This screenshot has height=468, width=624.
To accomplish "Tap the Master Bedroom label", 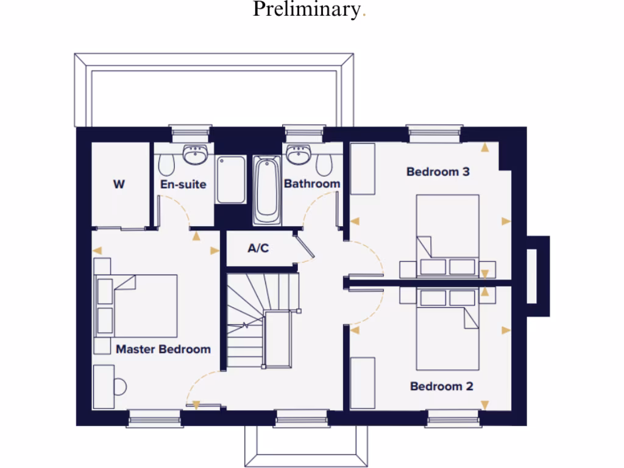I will point(163,349).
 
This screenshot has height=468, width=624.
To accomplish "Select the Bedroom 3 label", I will point(438,172).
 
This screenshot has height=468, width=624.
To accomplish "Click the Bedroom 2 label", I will point(441,386).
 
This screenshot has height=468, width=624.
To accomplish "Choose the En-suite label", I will point(183,184).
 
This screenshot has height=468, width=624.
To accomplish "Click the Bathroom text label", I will point(311,183).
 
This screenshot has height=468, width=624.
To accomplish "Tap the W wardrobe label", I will point(119,184).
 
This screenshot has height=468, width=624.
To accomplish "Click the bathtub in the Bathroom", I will point(266,190).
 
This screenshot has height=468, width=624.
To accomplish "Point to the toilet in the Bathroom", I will point(325,163).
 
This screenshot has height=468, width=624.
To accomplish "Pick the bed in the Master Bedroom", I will point(144,305).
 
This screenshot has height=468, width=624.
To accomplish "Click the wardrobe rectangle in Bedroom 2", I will point(363,383).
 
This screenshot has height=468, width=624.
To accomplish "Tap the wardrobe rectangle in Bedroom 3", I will point(363,169).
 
